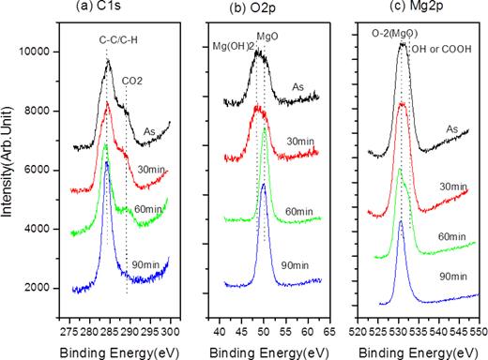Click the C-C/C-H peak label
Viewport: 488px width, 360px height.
pyautogui.click(x=115, y=40)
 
